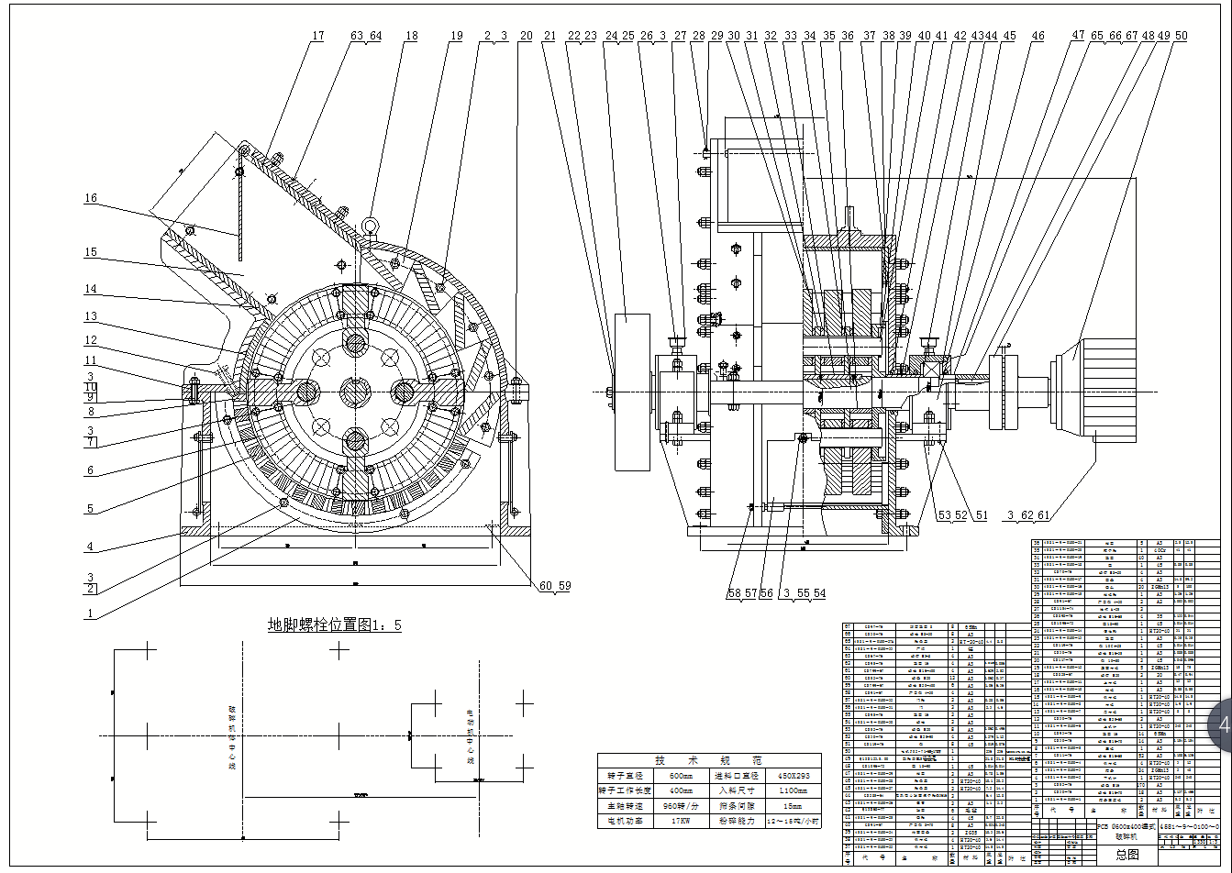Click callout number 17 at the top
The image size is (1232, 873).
pos(317,37)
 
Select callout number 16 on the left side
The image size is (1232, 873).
pos(91,198)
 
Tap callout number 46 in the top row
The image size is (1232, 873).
pos(1038,37)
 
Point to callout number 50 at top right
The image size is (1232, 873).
pos(1181,37)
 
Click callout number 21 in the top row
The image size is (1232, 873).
pos(550,37)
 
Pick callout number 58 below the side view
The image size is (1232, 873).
pos(735,593)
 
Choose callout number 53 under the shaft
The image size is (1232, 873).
pos(944,515)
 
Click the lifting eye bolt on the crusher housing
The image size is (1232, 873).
pos(369,226)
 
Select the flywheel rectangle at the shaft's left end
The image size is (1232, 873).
pos(630,392)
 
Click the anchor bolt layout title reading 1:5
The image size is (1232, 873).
pos(334,625)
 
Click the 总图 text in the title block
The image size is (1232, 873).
pos(1127,855)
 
